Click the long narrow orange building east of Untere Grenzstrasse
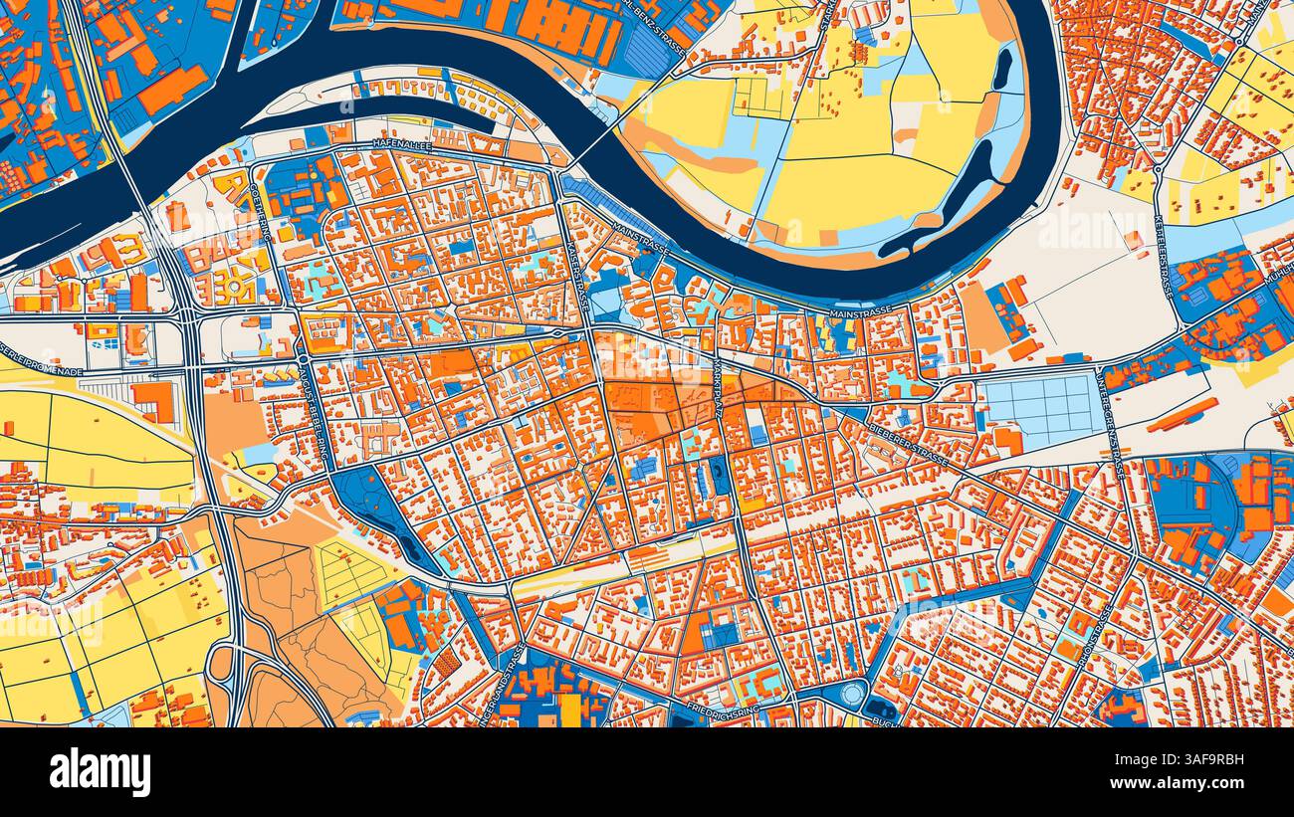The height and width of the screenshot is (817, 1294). point(1181,415)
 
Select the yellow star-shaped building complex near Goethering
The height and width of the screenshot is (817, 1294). point(237,283)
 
